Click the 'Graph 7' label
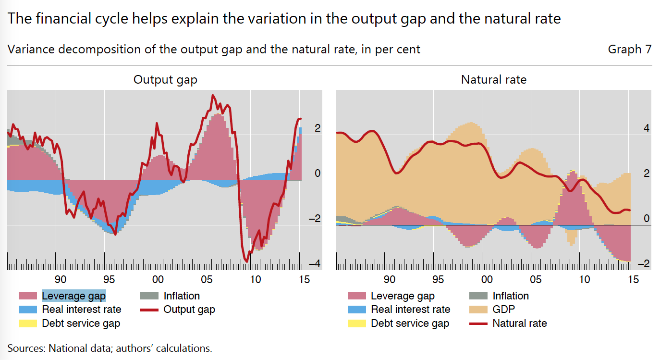coord(630,50)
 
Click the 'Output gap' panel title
coord(165,80)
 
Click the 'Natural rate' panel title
coord(493,80)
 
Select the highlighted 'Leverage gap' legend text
coord(73,296)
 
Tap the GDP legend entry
coord(503,310)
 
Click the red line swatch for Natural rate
coord(478,323)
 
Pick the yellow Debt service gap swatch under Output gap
coord(28,323)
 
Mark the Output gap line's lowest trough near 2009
coord(247,261)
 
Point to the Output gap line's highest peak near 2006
coord(213,96)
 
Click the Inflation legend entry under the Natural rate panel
coord(510,296)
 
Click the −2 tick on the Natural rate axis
coord(646,264)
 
